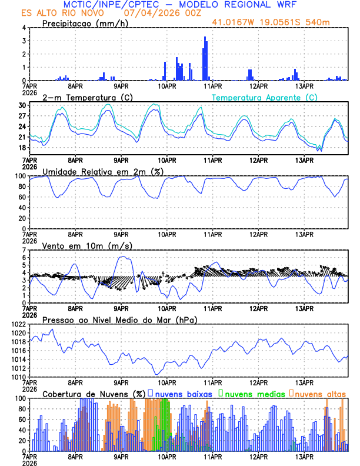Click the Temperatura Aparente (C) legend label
click(x=264, y=97)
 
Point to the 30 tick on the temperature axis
click(x=22, y=105)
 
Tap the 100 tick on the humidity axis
click(x=20, y=176)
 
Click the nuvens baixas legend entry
click(x=182, y=394)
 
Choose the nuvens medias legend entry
click(x=252, y=394)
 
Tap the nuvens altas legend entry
click(x=320, y=394)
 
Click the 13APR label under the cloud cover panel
click(x=304, y=456)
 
